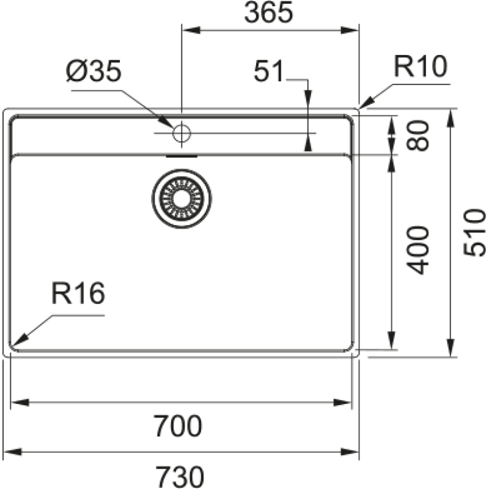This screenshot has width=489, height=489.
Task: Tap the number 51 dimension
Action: (270, 73)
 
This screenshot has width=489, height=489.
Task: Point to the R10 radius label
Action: (420, 66)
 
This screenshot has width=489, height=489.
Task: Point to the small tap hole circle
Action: (181, 132)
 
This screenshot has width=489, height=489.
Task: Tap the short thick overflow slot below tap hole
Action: (182, 156)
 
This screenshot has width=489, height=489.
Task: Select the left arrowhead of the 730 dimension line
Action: (7, 452)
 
